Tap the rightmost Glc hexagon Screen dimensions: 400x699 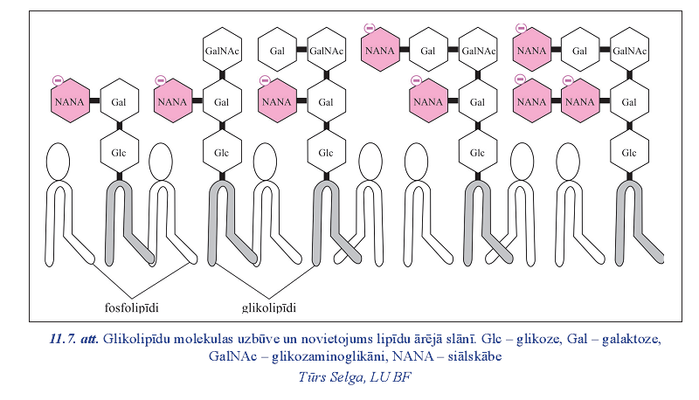628,153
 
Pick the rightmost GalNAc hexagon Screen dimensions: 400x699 628,51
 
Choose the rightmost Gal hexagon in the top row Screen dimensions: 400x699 578,51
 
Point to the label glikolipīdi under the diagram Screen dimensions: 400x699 267,307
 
